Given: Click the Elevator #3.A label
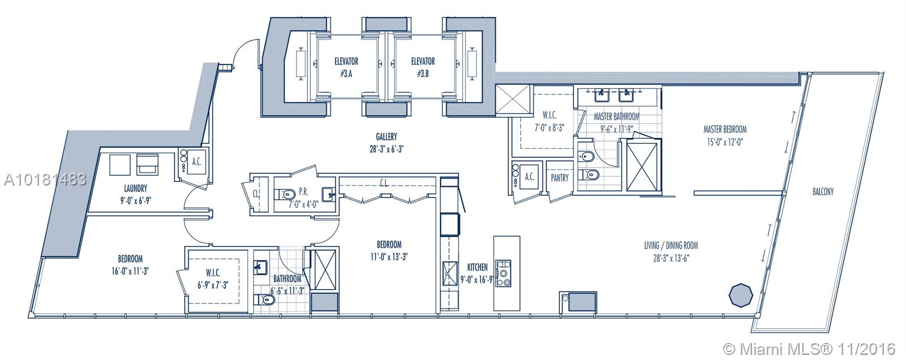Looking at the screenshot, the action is pyautogui.click(x=346, y=67).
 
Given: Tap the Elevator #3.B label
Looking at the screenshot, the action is pyautogui.click(x=422, y=67).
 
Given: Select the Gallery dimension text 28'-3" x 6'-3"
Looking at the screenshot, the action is pyautogui.click(x=386, y=149).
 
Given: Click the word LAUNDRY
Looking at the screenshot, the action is pyautogui.click(x=135, y=188).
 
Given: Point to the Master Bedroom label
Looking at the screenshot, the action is pyautogui.click(x=725, y=130).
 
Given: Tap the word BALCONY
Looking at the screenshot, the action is pyautogui.click(x=823, y=191).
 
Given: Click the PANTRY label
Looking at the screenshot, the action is pyautogui.click(x=559, y=178).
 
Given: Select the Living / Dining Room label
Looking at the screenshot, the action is pyautogui.click(x=671, y=245).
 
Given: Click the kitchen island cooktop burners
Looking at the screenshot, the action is pyautogui.click(x=503, y=273).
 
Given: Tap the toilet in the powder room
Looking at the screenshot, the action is pyautogui.click(x=284, y=194).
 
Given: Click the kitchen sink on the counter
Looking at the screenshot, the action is pyautogui.click(x=450, y=273).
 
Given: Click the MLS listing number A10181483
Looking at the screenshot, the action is pyautogui.click(x=45, y=179).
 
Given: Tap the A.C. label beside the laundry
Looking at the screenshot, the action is pyautogui.click(x=196, y=162).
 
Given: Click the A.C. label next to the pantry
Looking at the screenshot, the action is pyautogui.click(x=529, y=177).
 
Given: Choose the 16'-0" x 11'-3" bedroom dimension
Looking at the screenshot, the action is pyautogui.click(x=130, y=271).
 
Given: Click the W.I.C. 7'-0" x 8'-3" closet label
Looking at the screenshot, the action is pyautogui.click(x=549, y=121).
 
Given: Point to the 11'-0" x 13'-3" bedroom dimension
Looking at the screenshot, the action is pyautogui.click(x=389, y=257).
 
